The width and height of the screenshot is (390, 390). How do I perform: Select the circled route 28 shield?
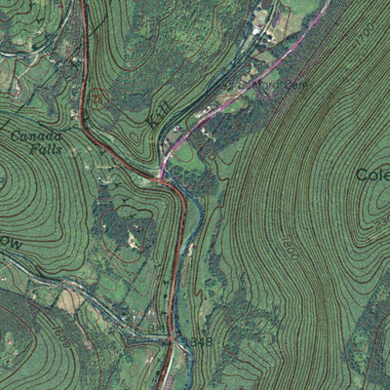(x=99, y=97)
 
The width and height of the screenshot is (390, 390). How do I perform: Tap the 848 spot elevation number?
(x=201, y=342)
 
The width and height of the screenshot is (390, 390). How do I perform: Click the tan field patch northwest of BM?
(x=70, y=300)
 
